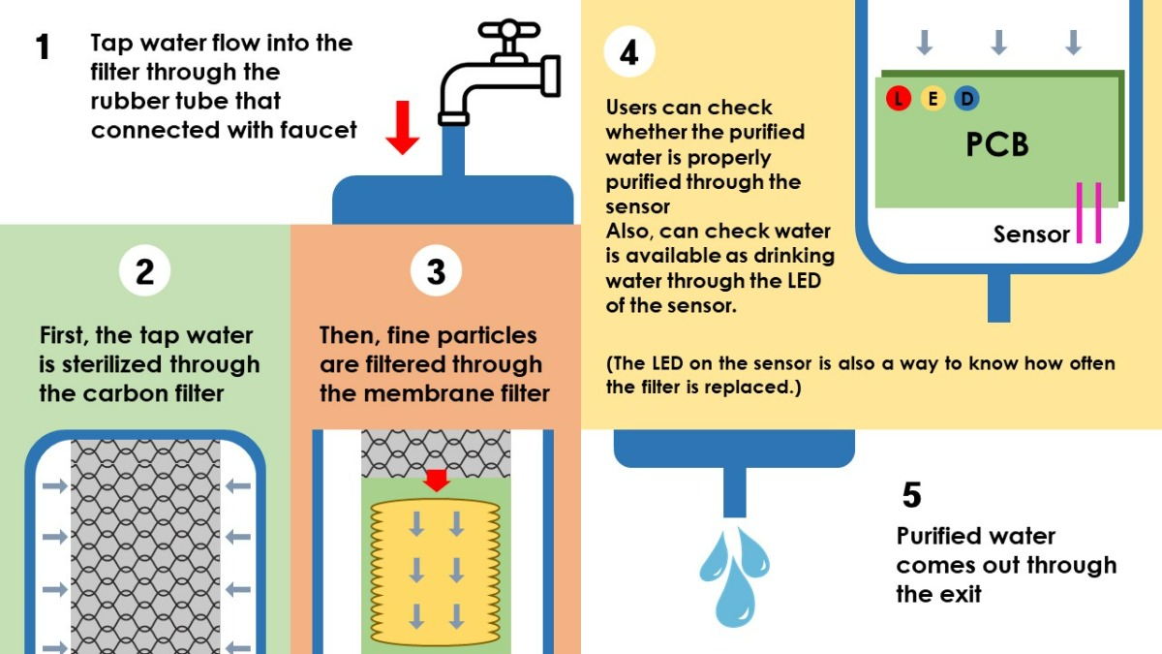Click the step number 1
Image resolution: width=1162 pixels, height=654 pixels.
(x=43, y=47)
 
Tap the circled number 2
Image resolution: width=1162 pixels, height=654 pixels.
(x=144, y=271)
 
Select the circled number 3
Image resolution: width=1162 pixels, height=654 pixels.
(x=436, y=271)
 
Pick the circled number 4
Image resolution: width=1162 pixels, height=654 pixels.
(x=628, y=52)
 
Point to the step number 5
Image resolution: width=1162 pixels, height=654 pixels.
(x=911, y=495)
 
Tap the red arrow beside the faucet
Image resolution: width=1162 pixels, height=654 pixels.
(x=402, y=132)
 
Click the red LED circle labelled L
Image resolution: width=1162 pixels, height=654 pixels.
(x=899, y=98)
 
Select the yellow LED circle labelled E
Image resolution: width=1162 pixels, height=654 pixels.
(x=933, y=98)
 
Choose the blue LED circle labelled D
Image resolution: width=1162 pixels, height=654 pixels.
(x=966, y=98)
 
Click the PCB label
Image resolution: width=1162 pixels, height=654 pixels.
(x=996, y=144)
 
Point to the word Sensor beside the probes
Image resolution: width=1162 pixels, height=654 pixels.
(x=1031, y=234)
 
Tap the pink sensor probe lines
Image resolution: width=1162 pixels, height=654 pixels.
(x=1088, y=212)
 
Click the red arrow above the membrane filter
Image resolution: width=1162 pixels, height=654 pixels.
(x=437, y=480)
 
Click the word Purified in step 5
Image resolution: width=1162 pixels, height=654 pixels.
(x=949, y=536)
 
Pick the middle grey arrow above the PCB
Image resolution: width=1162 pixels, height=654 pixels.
(x=999, y=42)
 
